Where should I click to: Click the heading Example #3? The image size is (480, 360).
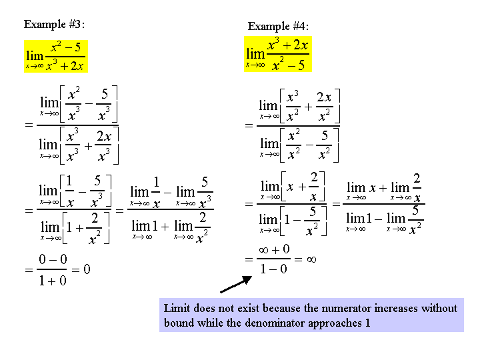point(54,24)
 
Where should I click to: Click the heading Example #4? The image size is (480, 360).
point(278,26)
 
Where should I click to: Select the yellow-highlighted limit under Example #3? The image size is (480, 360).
point(56,56)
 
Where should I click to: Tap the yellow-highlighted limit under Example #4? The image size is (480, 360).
point(278,54)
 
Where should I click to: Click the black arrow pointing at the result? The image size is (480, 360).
point(236,284)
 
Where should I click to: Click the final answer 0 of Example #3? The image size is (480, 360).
point(87,269)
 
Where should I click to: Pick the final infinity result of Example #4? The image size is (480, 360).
point(311,259)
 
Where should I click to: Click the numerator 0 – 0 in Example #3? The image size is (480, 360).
point(53,259)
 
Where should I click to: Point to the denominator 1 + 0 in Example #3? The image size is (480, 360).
point(53,281)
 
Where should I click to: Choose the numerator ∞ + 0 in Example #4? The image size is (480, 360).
point(274,249)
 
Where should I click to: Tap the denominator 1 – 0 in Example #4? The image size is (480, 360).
point(273,269)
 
